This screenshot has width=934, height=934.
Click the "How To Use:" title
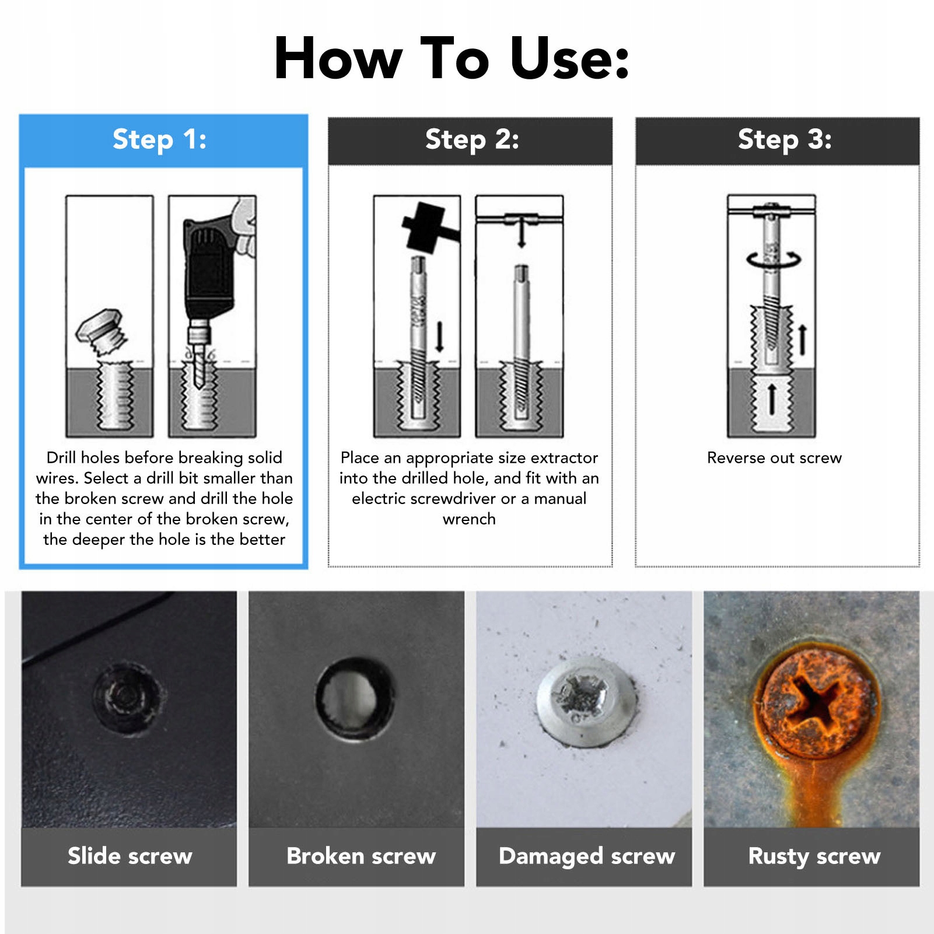tap(452, 58)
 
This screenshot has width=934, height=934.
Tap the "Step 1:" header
tap(159, 139)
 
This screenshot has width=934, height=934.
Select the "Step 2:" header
tap(472, 139)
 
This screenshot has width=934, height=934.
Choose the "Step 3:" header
tap(785, 139)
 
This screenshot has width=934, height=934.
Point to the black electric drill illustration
tap(211, 268)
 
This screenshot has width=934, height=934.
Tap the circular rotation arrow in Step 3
tap(774, 260)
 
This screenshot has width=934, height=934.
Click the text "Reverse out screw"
tap(774, 458)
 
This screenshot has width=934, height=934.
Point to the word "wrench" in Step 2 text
tap(469, 519)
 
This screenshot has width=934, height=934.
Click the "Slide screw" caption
tap(130, 856)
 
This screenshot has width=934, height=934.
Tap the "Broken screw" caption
tap(361, 856)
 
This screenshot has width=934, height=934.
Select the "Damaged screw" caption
tap(587, 856)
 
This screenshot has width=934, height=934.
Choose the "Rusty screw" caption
tap(814, 856)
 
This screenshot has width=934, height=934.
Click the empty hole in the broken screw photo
tap(355, 698)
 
